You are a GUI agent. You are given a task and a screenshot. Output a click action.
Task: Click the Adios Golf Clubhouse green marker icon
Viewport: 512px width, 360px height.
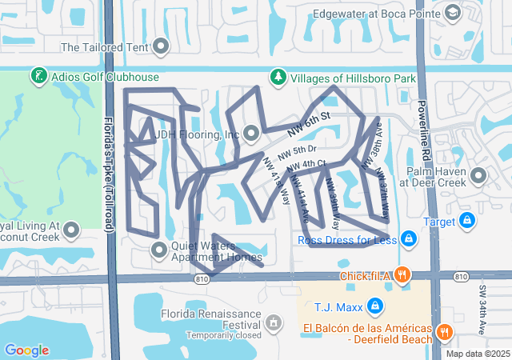point(38,77)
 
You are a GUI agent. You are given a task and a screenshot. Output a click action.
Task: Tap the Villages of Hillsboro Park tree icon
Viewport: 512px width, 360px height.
point(278,78)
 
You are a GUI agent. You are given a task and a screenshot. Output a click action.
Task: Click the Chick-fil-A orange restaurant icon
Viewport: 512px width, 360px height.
point(402,275)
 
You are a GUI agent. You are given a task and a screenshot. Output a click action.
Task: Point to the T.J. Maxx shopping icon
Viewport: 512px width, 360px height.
point(374,305)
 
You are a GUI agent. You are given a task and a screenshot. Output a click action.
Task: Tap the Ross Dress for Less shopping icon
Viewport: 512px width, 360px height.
point(408,238)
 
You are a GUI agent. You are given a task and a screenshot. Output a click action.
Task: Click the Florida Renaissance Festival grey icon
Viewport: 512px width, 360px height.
point(274,323)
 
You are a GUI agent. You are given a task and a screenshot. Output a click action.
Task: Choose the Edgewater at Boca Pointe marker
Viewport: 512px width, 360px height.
point(453,13)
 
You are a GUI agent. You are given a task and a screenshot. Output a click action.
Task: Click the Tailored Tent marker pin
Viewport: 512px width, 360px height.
point(162,46)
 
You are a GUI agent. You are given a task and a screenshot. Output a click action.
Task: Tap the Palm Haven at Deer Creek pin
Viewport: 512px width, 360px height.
point(479,175)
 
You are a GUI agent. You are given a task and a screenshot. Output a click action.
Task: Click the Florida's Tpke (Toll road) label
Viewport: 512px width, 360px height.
point(110,173)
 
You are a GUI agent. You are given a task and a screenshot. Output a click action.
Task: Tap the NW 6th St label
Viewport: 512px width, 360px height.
point(310,121)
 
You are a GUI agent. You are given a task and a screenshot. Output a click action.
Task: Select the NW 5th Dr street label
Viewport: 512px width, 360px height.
point(298,150)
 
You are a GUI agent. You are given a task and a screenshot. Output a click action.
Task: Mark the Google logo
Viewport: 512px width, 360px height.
point(26,350)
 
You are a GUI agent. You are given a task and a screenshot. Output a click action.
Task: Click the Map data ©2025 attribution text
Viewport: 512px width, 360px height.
point(477,354)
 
